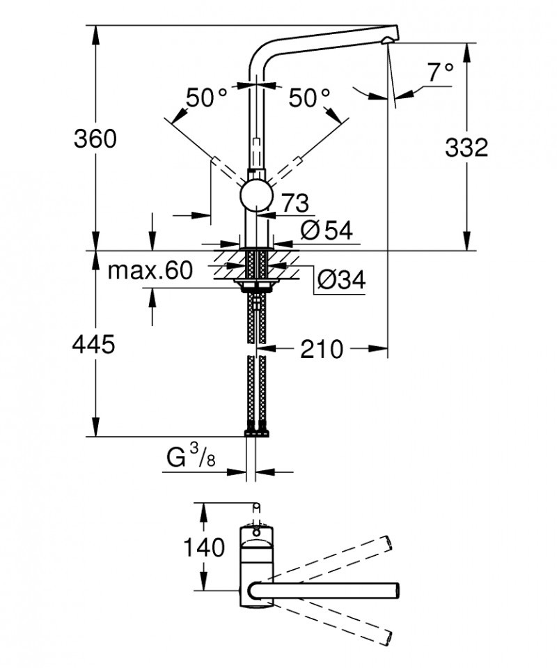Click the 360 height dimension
95,139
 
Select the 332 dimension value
466,147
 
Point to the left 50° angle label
206,98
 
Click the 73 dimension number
295,203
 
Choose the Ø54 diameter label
326,230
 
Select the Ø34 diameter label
340,280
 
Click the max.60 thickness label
150,271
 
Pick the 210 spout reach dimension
322,349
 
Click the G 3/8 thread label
189,459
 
